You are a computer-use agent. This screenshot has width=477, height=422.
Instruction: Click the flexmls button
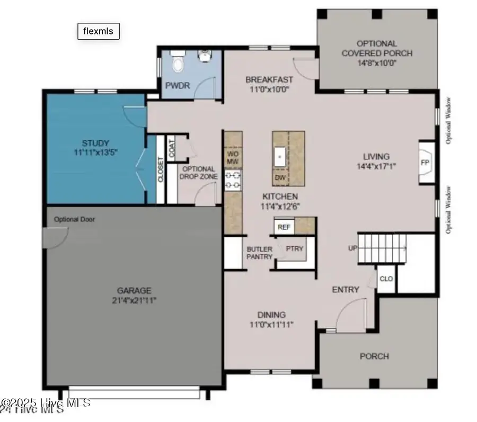(99, 31)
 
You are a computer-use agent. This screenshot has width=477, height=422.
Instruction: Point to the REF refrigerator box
(284, 227)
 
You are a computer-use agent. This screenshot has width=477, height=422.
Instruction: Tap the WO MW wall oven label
(233, 157)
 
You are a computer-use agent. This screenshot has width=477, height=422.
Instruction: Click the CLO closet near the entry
(386, 278)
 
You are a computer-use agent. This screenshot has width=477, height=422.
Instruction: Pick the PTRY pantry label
(294, 248)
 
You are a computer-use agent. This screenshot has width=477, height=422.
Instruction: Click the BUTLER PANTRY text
(260, 253)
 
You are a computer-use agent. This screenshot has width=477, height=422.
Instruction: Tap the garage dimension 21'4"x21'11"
(134, 300)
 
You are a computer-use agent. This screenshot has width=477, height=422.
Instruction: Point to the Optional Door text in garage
(74, 219)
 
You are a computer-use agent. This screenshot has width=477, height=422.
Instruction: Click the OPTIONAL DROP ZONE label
(198, 172)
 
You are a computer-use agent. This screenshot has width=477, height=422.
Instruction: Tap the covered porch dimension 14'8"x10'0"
(376, 62)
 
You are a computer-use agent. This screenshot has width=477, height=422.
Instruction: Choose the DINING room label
(271, 314)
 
